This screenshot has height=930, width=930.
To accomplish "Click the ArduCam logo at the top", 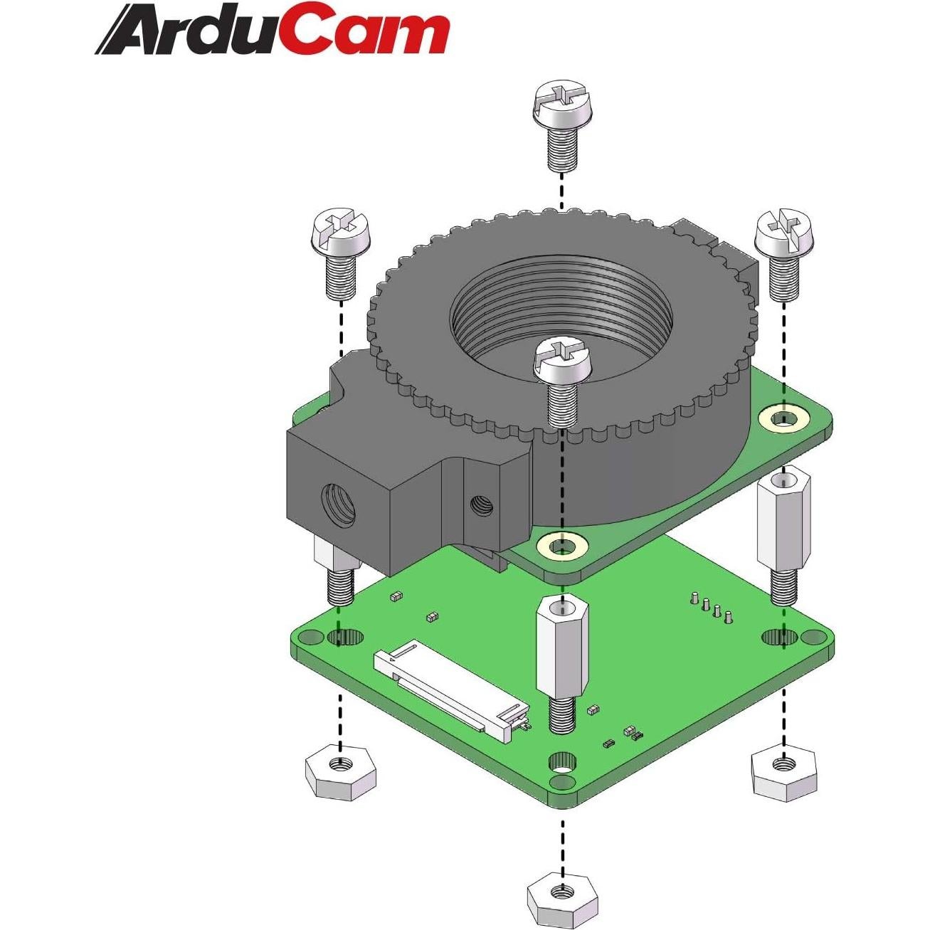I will pos(273,31).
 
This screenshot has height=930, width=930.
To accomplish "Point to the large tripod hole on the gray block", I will pos(338,504).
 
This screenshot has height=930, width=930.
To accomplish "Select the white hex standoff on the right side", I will pos(783,517).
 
